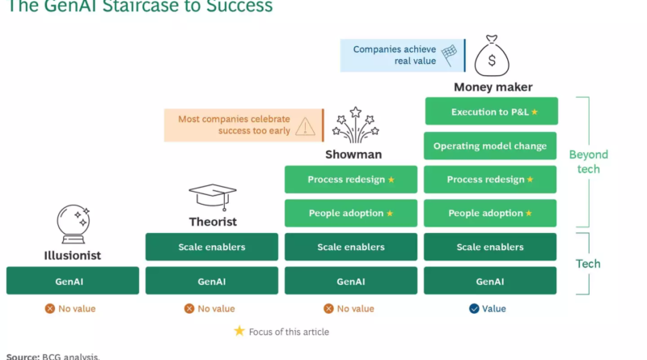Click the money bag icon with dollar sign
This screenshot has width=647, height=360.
(x=491, y=56)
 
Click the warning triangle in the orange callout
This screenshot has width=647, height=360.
(x=305, y=125)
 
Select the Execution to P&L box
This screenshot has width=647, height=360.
(x=490, y=112)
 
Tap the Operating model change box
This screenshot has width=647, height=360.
(x=490, y=146)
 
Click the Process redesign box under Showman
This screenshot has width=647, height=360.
(x=351, y=180)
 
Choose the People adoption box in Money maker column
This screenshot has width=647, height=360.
(x=490, y=214)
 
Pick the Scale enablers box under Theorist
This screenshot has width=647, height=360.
(x=212, y=247)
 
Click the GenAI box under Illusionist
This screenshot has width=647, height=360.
(x=72, y=281)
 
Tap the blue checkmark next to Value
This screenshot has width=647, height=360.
(x=473, y=308)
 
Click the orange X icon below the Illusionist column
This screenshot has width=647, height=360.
(x=49, y=308)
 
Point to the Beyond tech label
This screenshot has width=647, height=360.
(x=588, y=161)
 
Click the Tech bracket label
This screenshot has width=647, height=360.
(x=588, y=264)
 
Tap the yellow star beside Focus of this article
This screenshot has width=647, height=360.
(x=239, y=331)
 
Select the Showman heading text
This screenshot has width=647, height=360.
(x=353, y=154)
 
